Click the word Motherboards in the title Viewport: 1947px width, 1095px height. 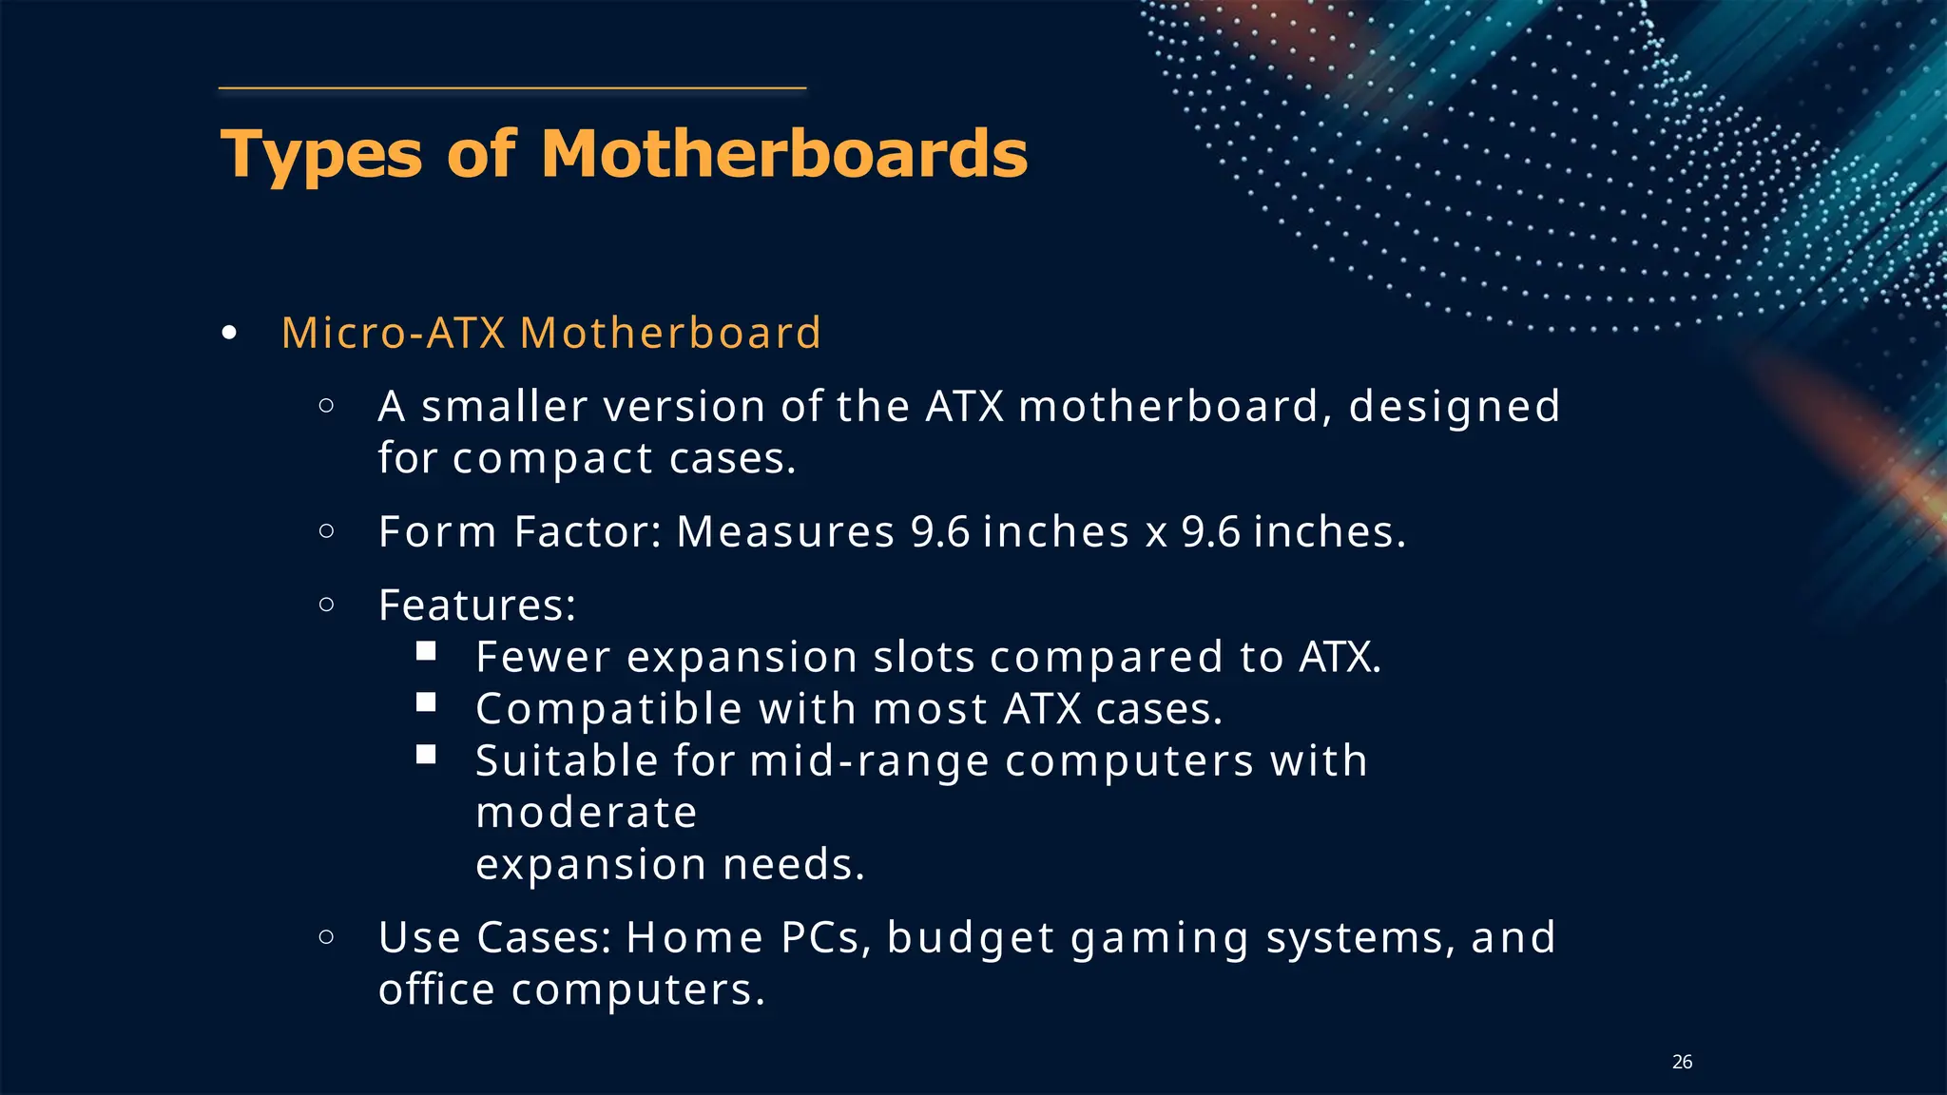(784, 154)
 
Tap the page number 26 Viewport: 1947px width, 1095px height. (1682, 1062)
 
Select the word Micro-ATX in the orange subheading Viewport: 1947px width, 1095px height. (393, 333)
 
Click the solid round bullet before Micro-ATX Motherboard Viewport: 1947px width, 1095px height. (228, 334)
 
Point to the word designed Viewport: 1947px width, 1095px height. (1454, 407)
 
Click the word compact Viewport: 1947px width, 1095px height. (552, 459)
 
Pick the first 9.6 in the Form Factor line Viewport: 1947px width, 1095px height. (939, 532)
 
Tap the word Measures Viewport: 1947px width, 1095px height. (785, 532)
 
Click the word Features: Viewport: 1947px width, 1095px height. (477, 605)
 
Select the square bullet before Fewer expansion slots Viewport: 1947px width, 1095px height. (426, 651)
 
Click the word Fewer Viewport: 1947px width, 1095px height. (543, 658)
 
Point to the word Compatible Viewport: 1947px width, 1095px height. (608, 709)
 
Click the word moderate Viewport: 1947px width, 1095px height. (587, 813)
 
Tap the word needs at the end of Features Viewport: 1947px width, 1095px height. (794, 865)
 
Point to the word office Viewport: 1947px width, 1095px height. (436, 989)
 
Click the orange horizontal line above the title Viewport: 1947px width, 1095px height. (512, 88)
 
